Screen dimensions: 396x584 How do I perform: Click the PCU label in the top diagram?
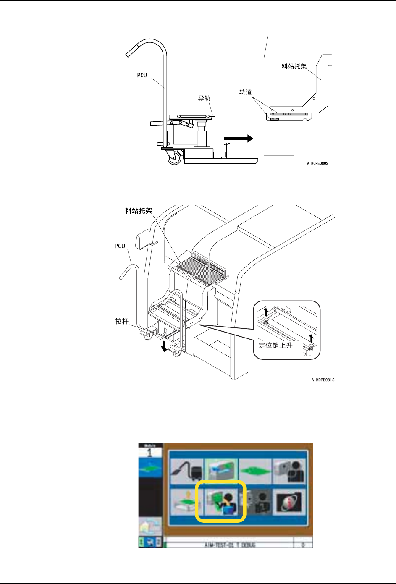point(142,76)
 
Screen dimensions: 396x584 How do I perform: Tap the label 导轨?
point(204,99)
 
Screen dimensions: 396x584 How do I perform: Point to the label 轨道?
point(246,92)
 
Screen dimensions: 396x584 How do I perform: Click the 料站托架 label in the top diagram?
point(294,66)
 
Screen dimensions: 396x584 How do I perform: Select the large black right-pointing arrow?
point(238,139)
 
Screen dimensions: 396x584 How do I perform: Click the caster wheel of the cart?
point(174,158)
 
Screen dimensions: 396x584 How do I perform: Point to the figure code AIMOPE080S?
point(317,163)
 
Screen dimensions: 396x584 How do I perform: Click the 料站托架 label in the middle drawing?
point(139,211)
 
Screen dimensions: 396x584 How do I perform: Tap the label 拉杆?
point(122,321)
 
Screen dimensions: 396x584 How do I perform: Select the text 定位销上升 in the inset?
point(275,346)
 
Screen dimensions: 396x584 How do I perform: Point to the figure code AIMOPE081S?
point(323,380)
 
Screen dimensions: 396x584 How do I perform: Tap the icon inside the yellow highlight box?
point(220,501)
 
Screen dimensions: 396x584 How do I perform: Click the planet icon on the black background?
point(289,501)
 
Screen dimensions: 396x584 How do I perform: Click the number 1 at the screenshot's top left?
point(149,453)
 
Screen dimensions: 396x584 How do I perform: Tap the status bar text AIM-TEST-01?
point(230,545)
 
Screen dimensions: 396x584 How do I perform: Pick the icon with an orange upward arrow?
point(186,501)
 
